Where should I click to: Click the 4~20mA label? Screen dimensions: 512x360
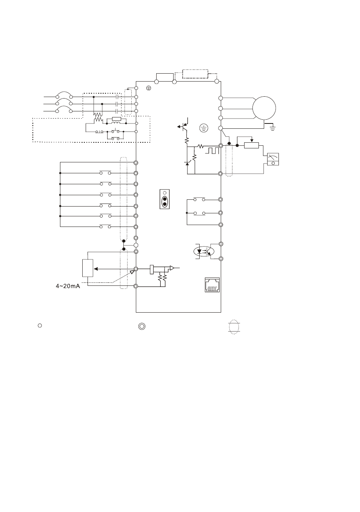tap(68, 286)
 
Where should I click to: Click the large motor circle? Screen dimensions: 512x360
tap(264, 108)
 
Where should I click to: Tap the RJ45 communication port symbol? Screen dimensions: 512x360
tap(212, 285)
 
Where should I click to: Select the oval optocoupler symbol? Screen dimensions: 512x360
tap(204, 251)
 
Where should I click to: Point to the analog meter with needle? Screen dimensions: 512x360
tap(273, 159)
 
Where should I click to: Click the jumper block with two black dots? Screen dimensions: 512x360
tap(165, 199)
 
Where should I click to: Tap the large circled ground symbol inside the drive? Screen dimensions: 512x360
tap(204, 128)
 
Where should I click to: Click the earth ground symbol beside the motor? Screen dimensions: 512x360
tap(273, 128)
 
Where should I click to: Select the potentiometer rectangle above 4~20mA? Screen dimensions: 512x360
tap(88, 268)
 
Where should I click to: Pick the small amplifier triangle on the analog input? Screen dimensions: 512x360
tap(172, 268)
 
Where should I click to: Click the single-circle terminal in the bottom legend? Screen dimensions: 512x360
tap(39, 325)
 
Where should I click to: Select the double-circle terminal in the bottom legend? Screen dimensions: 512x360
tap(141, 327)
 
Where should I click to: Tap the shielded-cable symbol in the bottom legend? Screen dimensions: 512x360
tap(234, 327)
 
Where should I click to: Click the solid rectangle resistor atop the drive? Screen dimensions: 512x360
tap(165, 77)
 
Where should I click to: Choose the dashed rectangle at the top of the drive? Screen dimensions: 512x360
tap(195, 74)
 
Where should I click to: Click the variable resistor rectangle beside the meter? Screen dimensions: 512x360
tap(251, 145)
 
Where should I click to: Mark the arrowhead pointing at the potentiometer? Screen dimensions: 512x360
tap(96, 269)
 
